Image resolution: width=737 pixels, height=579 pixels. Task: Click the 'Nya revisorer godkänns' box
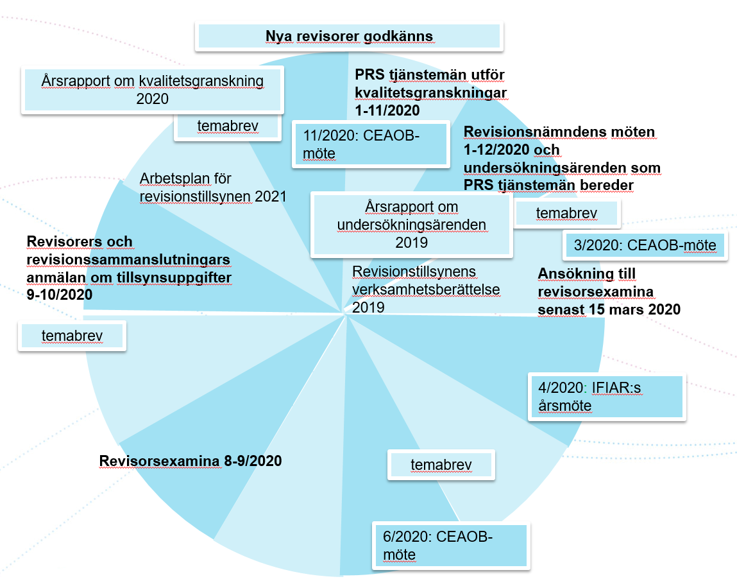[350, 36]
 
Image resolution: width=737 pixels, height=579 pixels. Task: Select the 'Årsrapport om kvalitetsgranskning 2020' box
[153, 90]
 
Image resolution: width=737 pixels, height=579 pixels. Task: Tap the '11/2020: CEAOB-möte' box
[369, 144]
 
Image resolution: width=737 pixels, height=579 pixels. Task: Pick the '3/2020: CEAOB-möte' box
[645, 245]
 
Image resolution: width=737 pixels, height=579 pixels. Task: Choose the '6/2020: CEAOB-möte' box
[451, 545]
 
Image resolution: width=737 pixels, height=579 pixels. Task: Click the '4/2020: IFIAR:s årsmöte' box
[606, 397]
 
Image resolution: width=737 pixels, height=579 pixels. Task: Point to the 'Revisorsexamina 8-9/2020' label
[191, 461]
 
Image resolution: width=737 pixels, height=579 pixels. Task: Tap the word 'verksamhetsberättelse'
[426, 289]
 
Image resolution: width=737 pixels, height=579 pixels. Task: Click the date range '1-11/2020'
[387, 110]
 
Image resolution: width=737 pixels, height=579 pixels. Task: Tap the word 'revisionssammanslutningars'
[128, 260]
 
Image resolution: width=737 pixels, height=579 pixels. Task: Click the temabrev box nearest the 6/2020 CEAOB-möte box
[441, 465]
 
